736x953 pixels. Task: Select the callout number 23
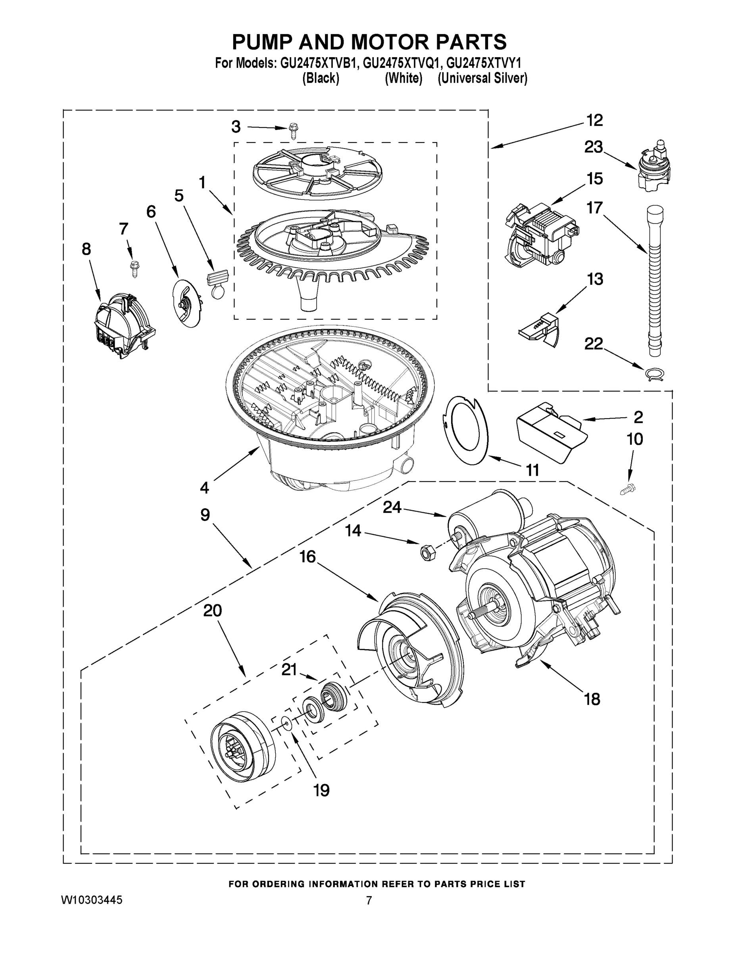tap(594, 147)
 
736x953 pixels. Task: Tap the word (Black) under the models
tap(321, 79)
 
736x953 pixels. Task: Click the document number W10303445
tap(92, 900)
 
